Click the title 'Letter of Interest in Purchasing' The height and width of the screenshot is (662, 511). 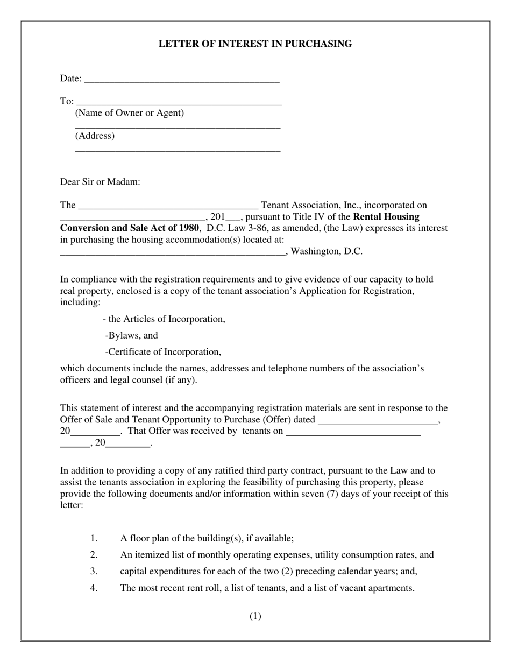[255, 44]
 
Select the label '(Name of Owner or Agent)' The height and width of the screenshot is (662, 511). [130, 113]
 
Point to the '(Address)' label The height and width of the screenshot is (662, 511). [95, 136]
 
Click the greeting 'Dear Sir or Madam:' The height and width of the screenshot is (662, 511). [100, 182]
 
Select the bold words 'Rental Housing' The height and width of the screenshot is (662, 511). [386, 217]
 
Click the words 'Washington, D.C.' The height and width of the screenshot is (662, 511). [327, 251]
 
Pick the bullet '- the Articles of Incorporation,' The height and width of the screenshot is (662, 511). [164, 319]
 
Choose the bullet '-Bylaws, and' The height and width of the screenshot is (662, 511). [132, 336]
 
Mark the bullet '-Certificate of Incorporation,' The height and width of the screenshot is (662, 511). [164, 352]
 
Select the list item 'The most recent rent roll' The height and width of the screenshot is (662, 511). [267, 588]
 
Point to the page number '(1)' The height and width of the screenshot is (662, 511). [255, 616]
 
